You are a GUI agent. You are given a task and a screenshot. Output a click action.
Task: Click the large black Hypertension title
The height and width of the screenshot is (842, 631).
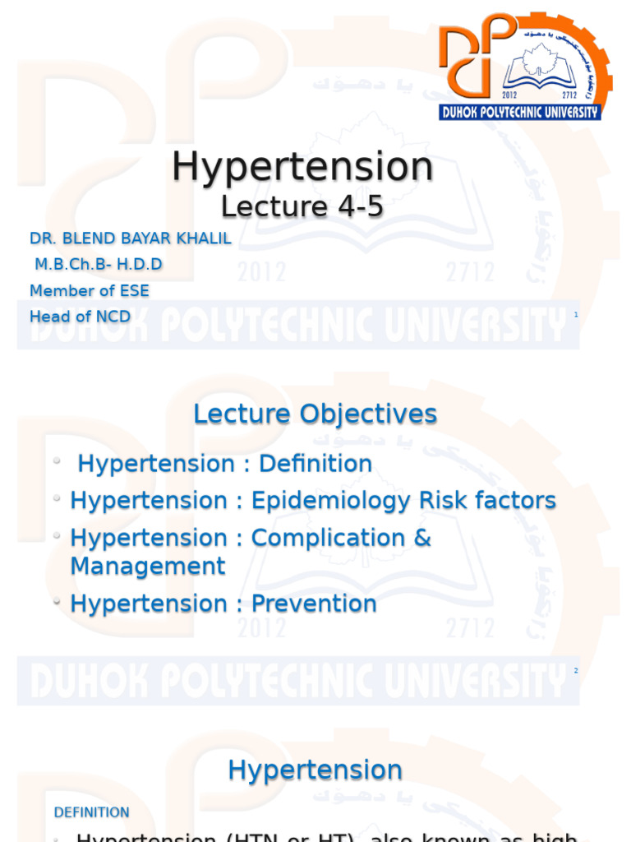coord(302,167)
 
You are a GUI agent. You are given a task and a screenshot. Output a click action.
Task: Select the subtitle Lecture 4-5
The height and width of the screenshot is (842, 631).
coord(302,206)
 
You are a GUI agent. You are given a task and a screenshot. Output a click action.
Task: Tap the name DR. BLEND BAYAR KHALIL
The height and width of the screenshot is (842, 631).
coord(131,238)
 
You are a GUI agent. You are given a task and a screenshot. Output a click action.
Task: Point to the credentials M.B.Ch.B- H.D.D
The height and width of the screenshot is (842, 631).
coord(99,264)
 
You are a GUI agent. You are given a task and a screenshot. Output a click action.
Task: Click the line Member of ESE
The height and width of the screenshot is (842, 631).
coord(90,290)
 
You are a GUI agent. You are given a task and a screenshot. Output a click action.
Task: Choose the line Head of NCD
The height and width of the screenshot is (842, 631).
coord(80,317)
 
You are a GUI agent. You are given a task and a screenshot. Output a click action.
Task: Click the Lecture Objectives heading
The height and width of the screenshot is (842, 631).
coord(315,414)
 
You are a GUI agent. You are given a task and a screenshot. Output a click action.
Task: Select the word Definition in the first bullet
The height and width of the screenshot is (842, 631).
coord(315,464)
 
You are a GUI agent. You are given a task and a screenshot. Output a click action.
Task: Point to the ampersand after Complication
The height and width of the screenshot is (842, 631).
coord(421,538)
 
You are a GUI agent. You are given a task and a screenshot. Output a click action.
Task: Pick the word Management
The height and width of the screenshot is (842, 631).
coord(148,566)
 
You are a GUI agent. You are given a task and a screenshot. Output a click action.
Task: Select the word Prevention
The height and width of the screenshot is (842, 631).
coord(314,604)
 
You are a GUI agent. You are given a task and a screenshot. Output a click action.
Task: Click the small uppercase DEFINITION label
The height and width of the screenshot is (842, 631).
coord(92,812)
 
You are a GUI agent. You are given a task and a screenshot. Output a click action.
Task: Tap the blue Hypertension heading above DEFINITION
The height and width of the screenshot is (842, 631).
coord(315,770)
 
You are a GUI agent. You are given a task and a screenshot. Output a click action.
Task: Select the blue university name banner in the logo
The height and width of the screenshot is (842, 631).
coord(519,112)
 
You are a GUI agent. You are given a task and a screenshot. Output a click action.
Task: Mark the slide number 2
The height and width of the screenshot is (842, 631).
coord(576,671)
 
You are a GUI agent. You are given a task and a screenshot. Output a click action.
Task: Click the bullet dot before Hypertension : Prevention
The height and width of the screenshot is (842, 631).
coord(57,602)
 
